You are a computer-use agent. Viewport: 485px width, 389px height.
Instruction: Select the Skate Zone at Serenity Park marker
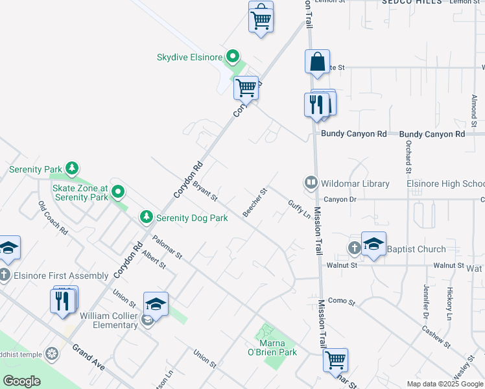tap(117, 192)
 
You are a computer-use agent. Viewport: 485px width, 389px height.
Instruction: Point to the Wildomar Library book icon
tap(311, 183)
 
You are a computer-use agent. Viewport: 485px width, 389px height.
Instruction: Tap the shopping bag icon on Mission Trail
tap(317, 63)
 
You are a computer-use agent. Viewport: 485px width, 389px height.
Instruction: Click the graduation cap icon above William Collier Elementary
tap(156, 304)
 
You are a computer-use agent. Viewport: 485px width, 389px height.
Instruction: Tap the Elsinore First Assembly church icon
tap(6, 276)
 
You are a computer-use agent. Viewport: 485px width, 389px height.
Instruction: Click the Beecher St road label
tap(255, 202)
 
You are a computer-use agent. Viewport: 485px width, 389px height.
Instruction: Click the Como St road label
tap(342, 301)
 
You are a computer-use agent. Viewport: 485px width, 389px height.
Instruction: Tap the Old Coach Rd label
tap(53, 218)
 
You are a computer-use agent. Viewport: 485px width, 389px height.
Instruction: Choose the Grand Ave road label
tap(89, 357)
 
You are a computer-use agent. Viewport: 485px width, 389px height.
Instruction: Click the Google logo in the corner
tap(21, 381)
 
